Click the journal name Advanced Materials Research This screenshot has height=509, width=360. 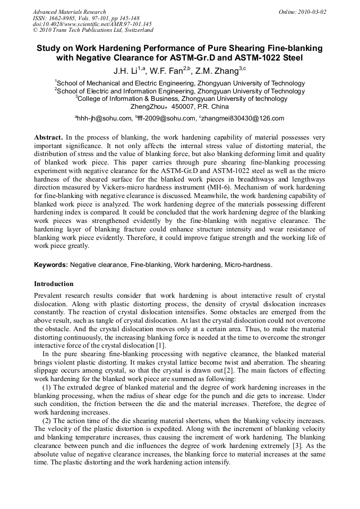pyautogui.click(x=69, y=12)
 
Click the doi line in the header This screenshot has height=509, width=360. pyautogui.click(x=92, y=24)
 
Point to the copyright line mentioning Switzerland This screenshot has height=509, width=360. pyautogui.click(x=93, y=30)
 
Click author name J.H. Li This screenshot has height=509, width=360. pyautogui.click(x=126, y=71)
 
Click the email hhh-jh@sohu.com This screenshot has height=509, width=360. pyautogui.click(x=103, y=118)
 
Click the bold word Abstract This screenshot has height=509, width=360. pyautogui.click(x=48, y=137)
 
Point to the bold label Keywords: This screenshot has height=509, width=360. pyautogui.click(x=51, y=264)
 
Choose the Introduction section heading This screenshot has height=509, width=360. pyautogui.click(x=54, y=283)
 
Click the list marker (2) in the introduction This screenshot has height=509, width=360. pyautogui.click(x=46, y=420)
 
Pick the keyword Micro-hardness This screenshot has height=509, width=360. pyautogui.click(x=248, y=264)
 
